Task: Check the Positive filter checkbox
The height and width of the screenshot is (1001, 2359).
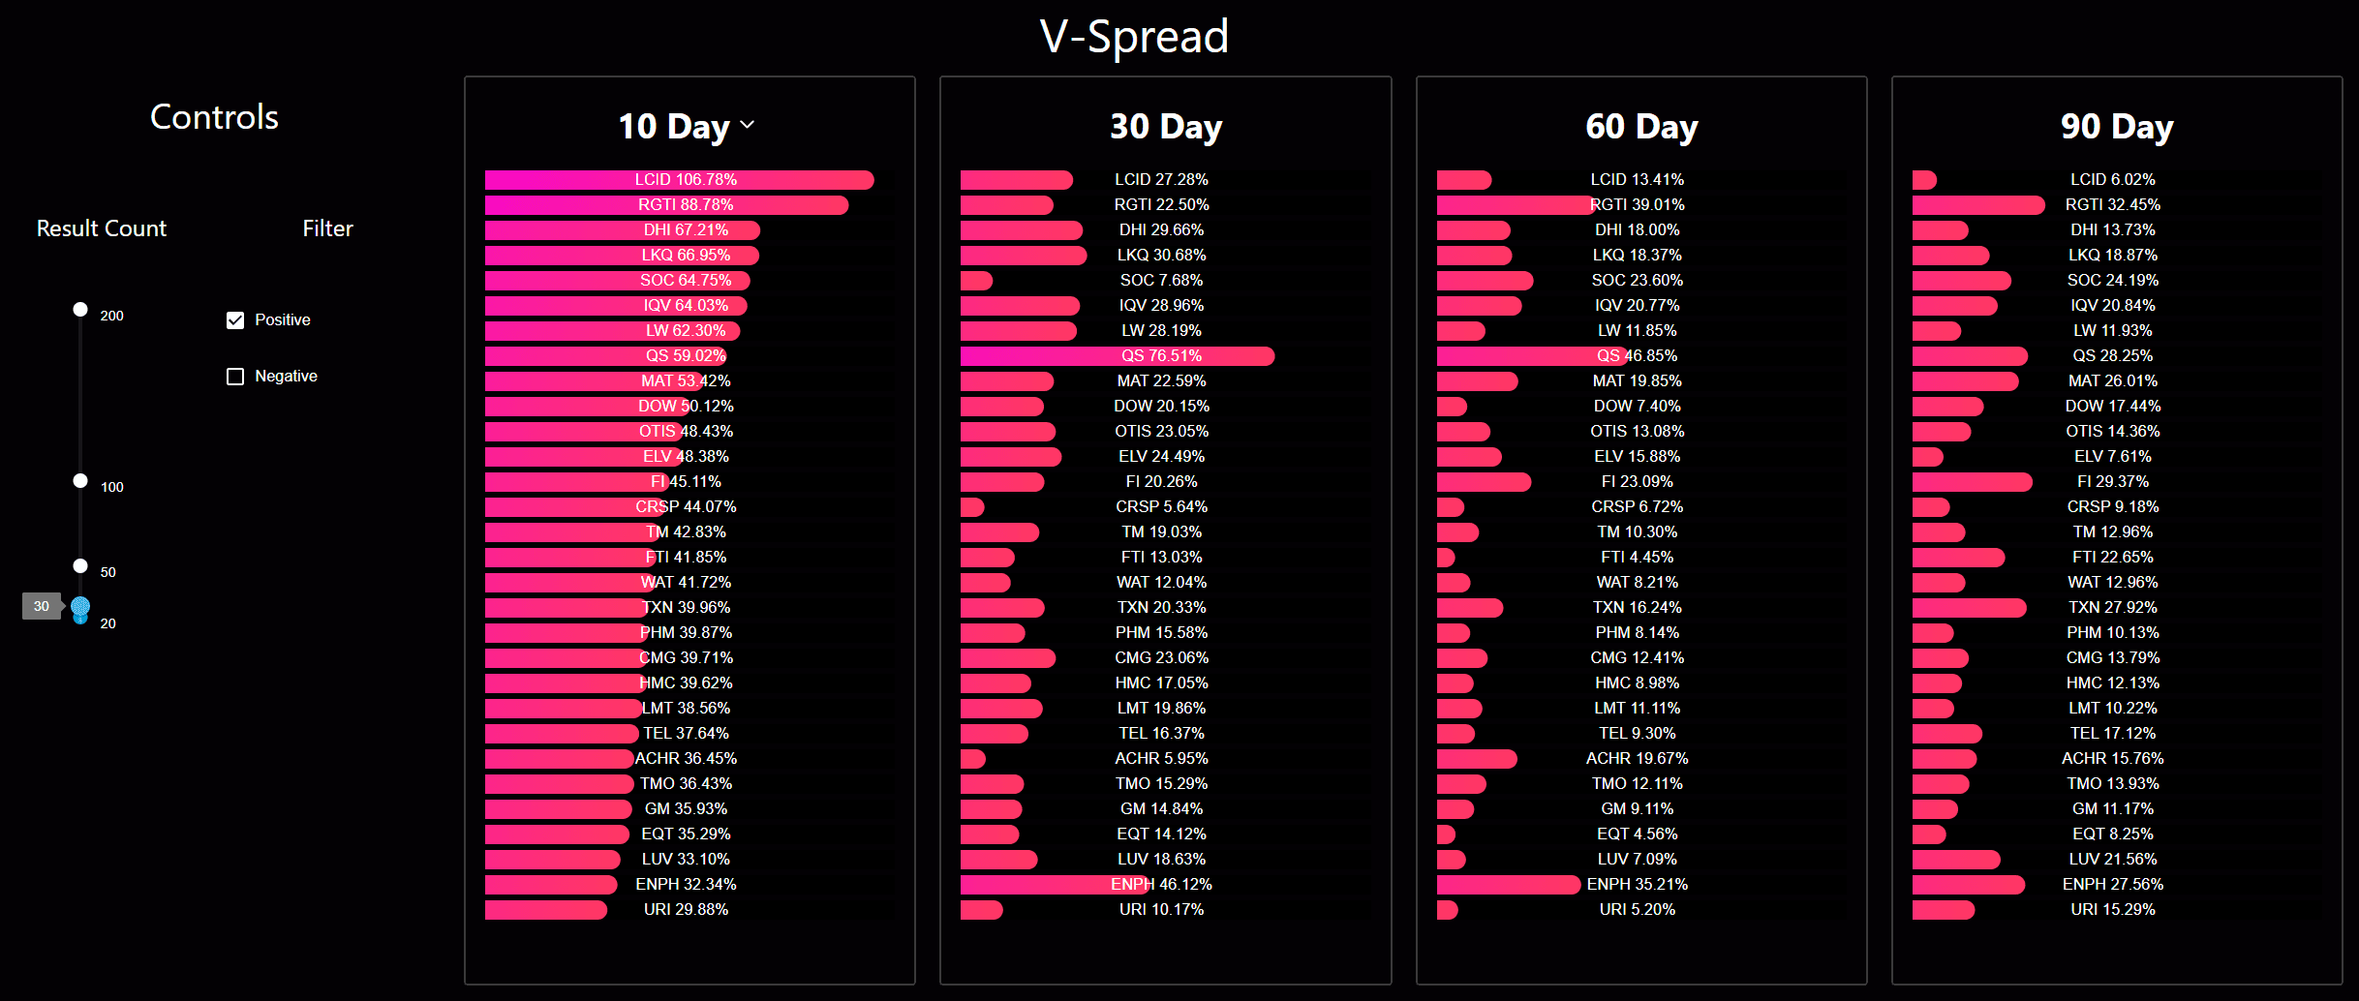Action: pyautogui.click(x=235, y=320)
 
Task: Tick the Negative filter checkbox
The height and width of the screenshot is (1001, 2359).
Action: pyautogui.click(x=235, y=377)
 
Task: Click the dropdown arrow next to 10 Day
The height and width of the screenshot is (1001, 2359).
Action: pyautogui.click(x=748, y=125)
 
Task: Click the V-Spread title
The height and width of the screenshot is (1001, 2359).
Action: pyautogui.click(x=1134, y=37)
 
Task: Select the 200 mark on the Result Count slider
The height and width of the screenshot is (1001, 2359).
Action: pyautogui.click(x=80, y=310)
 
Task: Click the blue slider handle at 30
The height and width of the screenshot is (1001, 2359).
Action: pyautogui.click(x=80, y=607)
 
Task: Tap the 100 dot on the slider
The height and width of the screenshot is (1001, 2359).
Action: pyautogui.click(x=80, y=481)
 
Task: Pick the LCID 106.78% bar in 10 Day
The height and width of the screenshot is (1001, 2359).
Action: pyautogui.click(x=679, y=180)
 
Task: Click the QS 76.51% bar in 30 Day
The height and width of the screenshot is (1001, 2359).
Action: pyautogui.click(x=1117, y=356)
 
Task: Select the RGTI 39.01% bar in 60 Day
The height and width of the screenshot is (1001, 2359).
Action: pyautogui.click(x=1515, y=205)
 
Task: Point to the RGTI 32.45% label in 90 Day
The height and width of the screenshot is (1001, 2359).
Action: pyautogui.click(x=2112, y=205)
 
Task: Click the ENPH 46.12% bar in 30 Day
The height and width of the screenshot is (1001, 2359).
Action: pyautogui.click(x=1056, y=885)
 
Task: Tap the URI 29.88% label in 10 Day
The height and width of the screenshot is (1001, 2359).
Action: pyautogui.click(x=686, y=910)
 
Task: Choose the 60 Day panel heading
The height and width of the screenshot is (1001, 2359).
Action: pyautogui.click(x=1641, y=127)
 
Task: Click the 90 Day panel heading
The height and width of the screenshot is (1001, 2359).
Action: pyautogui.click(x=2117, y=127)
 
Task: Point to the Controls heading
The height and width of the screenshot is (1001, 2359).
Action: pyautogui.click(x=214, y=117)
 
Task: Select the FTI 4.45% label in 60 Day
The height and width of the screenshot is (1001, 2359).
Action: pyautogui.click(x=1637, y=558)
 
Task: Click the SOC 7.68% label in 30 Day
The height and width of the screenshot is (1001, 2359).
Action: pyautogui.click(x=1161, y=281)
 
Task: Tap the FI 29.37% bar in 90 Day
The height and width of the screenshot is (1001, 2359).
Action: pyautogui.click(x=1972, y=482)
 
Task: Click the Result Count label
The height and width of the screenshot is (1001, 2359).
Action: pyautogui.click(x=102, y=229)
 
